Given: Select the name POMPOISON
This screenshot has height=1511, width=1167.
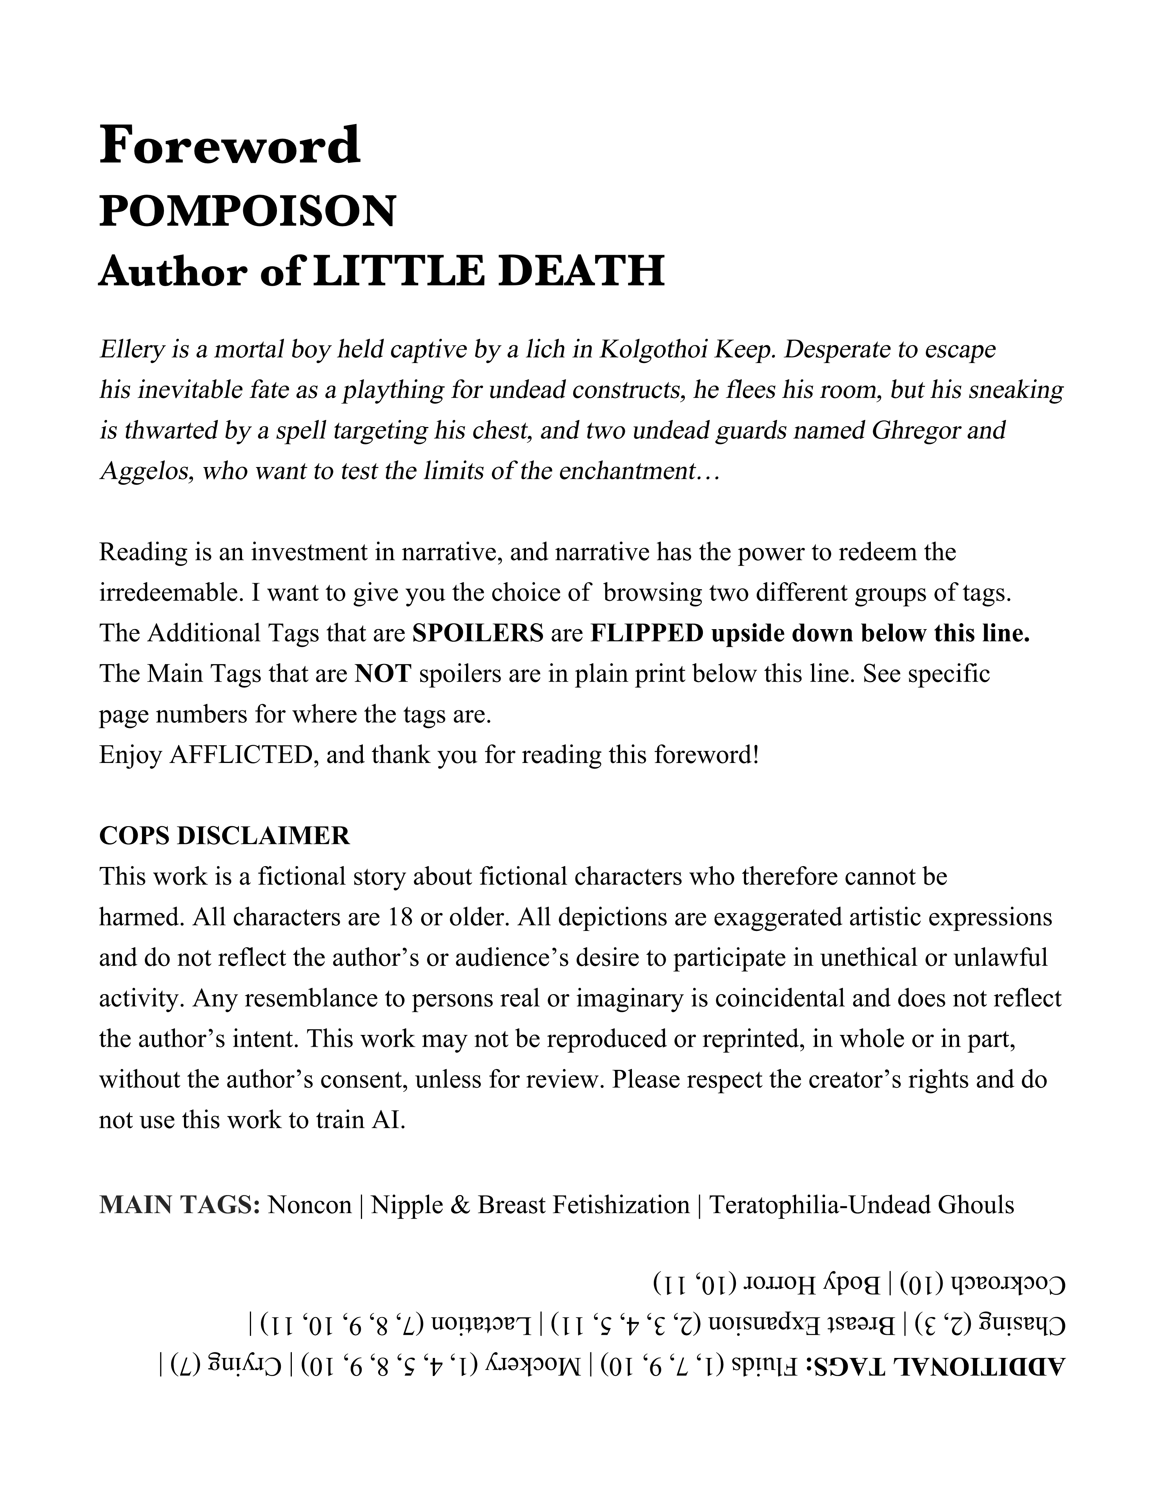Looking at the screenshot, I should click(x=248, y=211).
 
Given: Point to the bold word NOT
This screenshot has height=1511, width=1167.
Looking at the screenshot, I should click(x=383, y=673).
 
